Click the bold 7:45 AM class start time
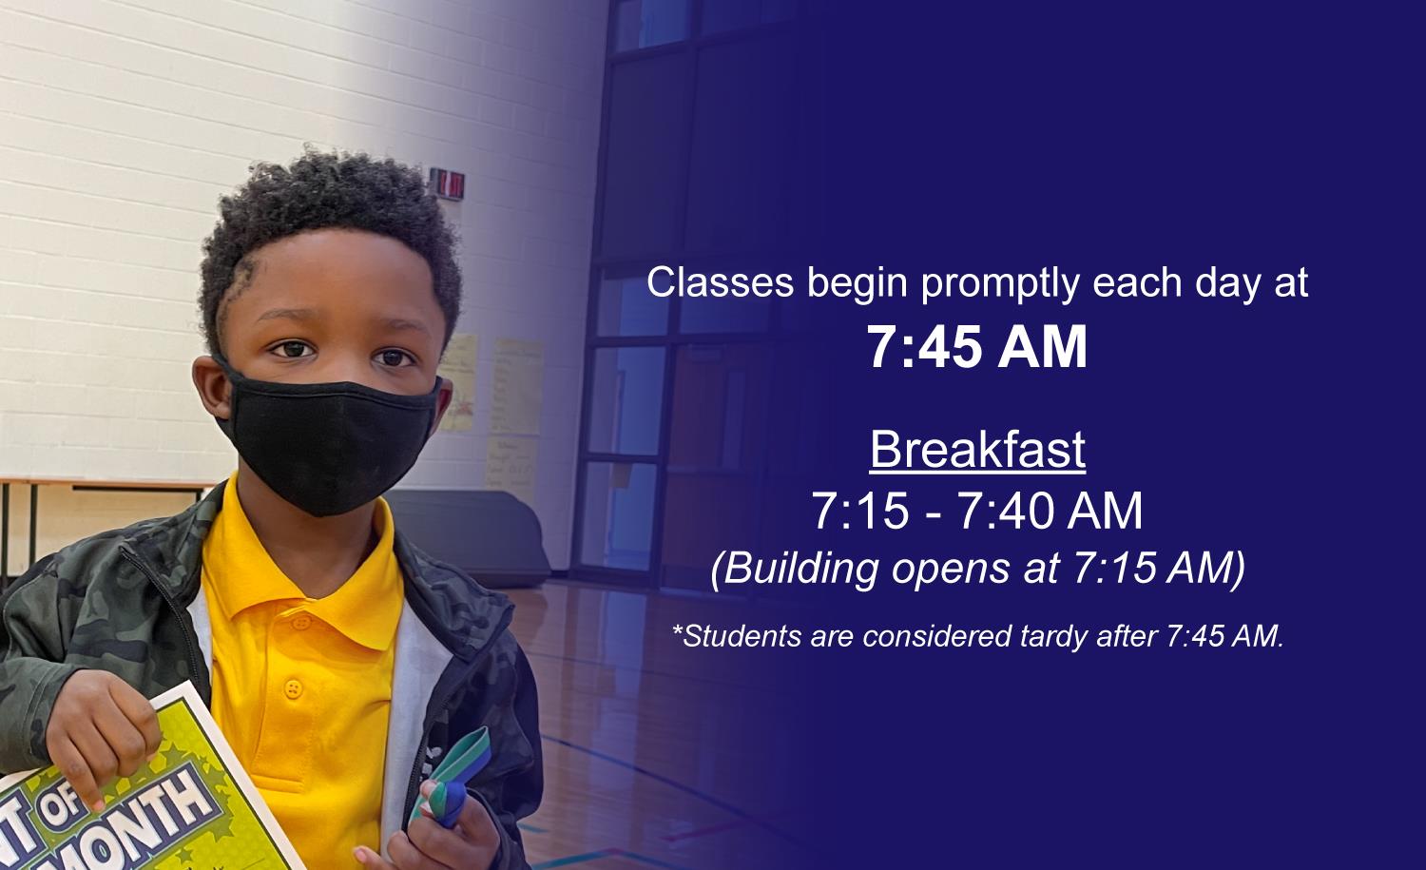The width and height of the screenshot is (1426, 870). point(977,347)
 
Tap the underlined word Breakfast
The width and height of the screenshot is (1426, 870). point(977,450)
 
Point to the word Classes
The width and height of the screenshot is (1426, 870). point(720,281)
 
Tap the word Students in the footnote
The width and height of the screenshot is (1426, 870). point(737,635)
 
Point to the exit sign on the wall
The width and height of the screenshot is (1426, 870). point(447,184)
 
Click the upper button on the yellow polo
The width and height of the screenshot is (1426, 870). point(299,622)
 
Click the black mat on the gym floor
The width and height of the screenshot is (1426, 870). point(472,536)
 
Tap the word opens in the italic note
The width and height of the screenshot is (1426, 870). point(950,570)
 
